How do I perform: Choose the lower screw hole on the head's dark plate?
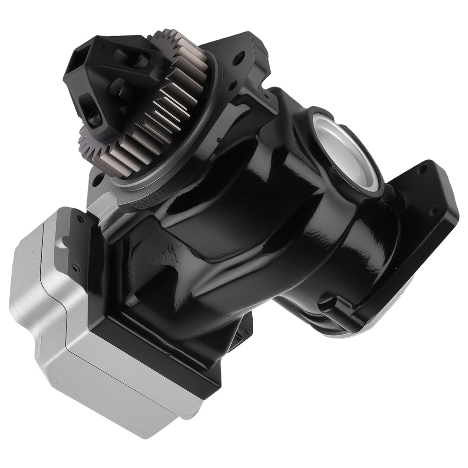[x=75, y=269]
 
